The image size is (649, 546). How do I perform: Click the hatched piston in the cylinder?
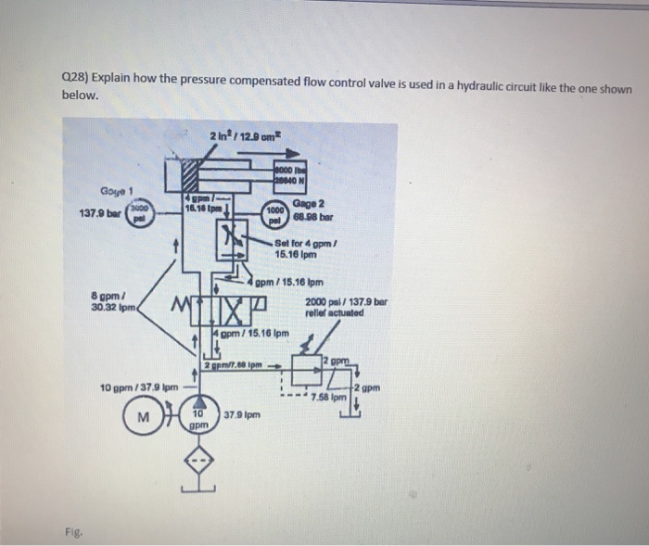click(191, 176)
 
